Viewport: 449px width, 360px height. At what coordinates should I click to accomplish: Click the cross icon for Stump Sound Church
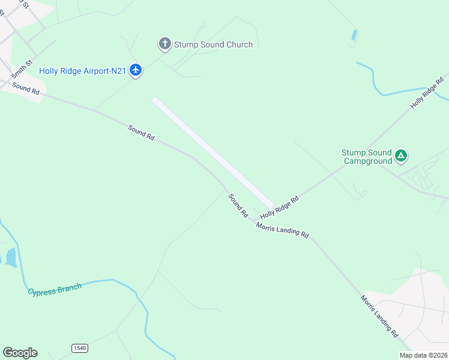point(165,44)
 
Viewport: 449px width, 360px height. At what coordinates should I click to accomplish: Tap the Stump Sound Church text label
point(213,44)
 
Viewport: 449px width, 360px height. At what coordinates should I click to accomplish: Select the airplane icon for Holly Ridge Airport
point(136,71)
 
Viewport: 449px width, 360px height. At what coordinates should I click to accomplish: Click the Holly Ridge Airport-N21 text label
point(82,71)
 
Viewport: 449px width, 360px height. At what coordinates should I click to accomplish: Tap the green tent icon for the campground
point(401,157)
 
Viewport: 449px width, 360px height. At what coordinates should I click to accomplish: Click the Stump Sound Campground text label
point(366,157)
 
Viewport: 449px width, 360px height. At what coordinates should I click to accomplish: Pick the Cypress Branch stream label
point(55,289)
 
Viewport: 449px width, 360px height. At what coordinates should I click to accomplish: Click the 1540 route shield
point(79,348)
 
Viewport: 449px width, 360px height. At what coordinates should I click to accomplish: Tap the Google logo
point(20,353)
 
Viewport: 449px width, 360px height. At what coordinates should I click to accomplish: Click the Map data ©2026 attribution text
point(423,355)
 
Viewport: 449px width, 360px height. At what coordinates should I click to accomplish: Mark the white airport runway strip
point(212,152)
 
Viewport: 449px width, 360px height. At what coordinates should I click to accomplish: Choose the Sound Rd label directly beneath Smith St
point(26,89)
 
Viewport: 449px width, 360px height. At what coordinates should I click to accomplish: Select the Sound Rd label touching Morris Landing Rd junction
point(238,205)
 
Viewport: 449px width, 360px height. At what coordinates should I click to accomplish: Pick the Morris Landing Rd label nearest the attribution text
point(379,314)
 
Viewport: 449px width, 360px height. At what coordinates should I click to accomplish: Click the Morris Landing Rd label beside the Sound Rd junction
point(282,230)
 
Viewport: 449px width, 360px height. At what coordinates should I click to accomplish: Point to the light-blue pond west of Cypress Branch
point(10,257)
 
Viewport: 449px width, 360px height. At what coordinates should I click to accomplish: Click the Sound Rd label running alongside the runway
point(142,132)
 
